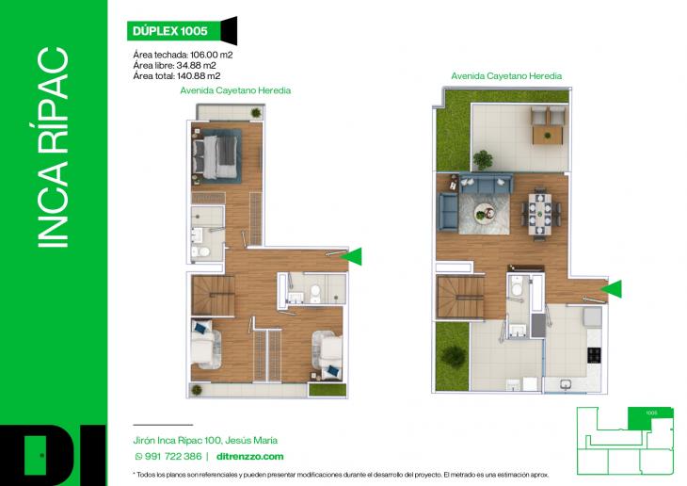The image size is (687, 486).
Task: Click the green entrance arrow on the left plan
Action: click(350, 254)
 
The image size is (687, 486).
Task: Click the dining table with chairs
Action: click(540, 213)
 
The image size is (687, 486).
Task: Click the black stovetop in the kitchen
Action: click(594, 355)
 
